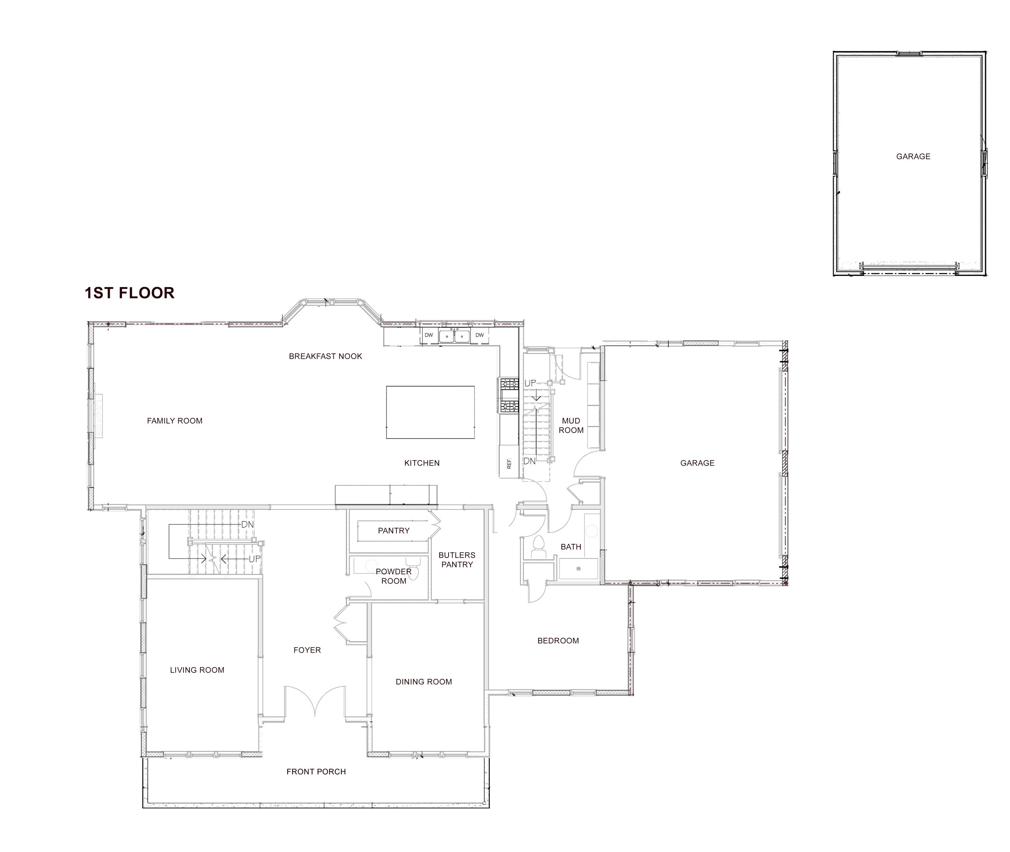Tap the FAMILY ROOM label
click(174, 421)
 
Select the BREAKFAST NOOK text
click(325, 356)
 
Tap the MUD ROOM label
click(571, 425)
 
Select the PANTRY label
click(393, 530)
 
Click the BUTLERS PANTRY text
click(457, 560)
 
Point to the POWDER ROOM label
click(393, 576)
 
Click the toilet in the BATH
click(537, 547)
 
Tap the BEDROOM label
click(558, 641)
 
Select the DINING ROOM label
click(423, 682)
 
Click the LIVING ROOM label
click(197, 670)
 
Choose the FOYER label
click(307, 650)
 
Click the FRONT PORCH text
click(316, 772)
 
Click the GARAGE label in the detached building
click(913, 157)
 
